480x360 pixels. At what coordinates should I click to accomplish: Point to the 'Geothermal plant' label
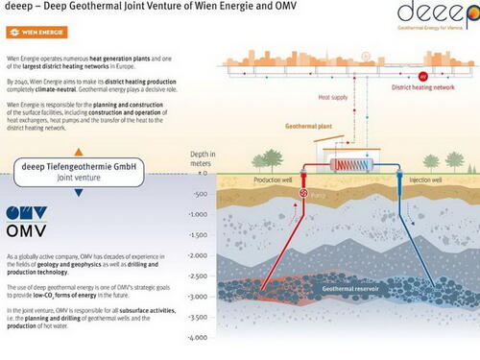click(287, 125)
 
